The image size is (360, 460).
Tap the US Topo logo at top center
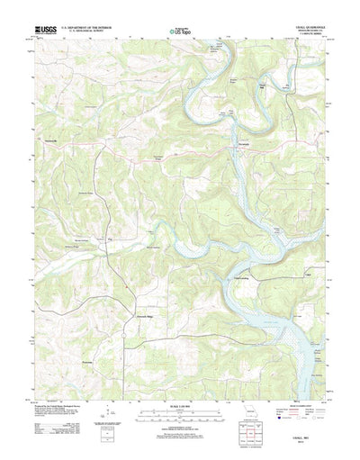[x=179, y=32]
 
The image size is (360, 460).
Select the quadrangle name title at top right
[x=298, y=27]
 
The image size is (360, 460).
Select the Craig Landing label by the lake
[x=243, y=278]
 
